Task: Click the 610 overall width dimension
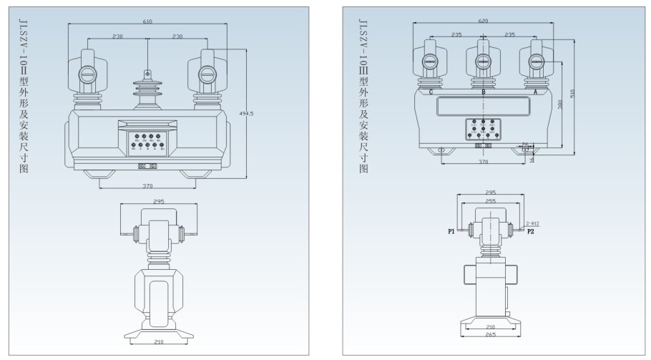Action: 147,21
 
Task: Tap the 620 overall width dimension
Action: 484,21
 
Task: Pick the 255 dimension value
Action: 491,202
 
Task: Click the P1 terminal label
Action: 451,231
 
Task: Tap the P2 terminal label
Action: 530,231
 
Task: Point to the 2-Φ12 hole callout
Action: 532,223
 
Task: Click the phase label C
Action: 431,92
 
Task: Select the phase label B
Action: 484,92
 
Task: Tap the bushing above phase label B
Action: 484,64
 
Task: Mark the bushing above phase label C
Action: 431,64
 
